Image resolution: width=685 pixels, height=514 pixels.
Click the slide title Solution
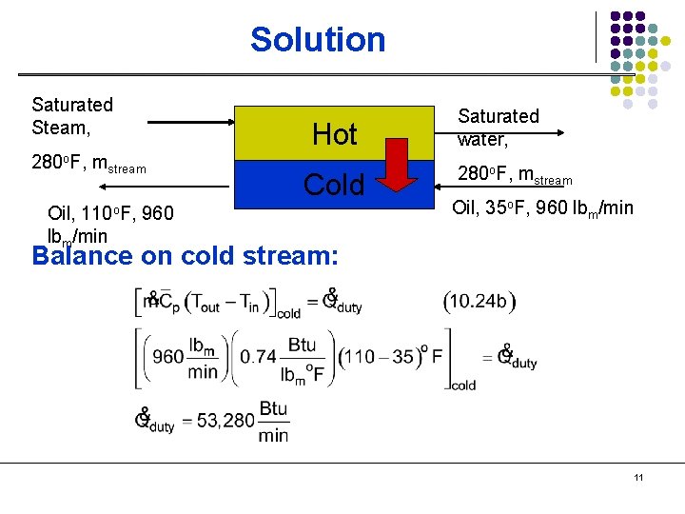point(318,40)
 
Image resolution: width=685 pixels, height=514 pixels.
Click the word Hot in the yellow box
point(335,135)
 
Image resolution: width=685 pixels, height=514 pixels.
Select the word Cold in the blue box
point(334,185)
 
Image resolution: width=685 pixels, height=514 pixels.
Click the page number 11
point(637,478)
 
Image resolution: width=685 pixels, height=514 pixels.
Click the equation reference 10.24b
point(479,301)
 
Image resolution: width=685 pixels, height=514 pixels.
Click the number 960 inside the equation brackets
point(167,357)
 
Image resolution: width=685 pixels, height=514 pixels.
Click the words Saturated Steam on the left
point(72,115)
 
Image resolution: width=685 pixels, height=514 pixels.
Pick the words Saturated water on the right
point(498,127)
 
